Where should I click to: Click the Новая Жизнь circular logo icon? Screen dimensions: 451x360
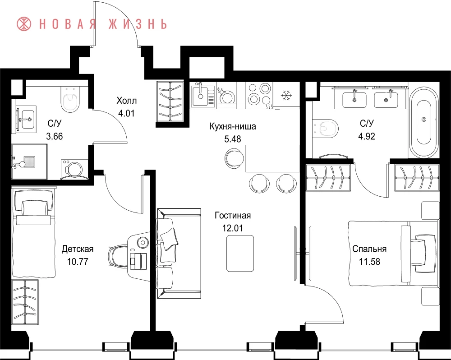click(x=24, y=24)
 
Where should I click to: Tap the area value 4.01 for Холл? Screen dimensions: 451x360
click(x=126, y=113)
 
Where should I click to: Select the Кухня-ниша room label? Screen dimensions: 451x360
click(x=233, y=126)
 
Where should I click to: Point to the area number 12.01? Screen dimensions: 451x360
click(x=232, y=228)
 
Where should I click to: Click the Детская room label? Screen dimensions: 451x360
click(x=78, y=249)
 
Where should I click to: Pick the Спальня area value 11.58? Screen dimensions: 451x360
click(x=369, y=262)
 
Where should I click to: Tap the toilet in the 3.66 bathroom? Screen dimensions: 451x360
click(x=70, y=100)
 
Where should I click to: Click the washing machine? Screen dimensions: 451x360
click(x=74, y=170)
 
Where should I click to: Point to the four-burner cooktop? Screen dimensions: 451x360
click(x=259, y=94)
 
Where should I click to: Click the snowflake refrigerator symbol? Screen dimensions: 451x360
click(x=286, y=95)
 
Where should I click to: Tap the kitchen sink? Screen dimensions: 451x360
click(x=201, y=95)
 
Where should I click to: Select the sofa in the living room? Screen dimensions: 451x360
click(x=179, y=253)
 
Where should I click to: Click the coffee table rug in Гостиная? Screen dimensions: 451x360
click(x=240, y=253)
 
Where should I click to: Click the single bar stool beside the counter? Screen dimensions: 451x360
click(x=234, y=158)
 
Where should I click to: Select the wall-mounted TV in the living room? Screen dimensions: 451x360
click(x=295, y=253)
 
